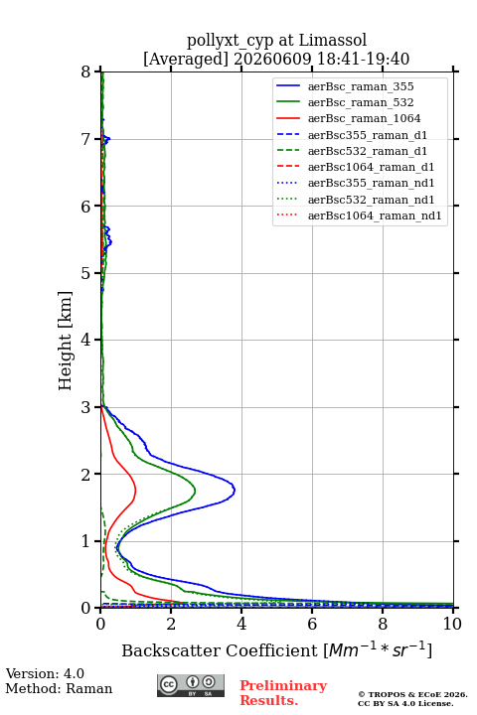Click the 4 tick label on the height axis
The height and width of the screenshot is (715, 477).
click(85, 340)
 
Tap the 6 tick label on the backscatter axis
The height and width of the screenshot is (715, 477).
click(312, 624)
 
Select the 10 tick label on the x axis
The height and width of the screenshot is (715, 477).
click(452, 624)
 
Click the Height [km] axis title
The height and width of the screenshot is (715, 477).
click(66, 341)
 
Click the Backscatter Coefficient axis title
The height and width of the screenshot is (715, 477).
click(276, 649)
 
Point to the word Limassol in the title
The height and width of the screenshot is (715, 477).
click(332, 41)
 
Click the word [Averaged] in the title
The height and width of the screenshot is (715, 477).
click(186, 59)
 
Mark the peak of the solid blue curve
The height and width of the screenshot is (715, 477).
click(235, 491)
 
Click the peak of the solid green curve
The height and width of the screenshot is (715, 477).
click(196, 492)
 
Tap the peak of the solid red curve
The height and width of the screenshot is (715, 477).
click(135, 490)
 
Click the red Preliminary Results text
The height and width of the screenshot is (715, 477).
click(283, 692)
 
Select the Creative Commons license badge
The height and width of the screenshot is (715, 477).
click(191, 685)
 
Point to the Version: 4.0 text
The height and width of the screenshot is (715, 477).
click(45, 673)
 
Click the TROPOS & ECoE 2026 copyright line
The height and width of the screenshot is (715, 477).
click(413, 694)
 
